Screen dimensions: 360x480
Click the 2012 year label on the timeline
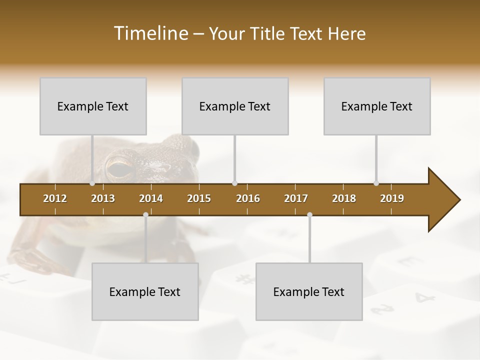pos(55,198)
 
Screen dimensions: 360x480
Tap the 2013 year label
pos(103,198)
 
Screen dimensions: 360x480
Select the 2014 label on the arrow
pos(151,198)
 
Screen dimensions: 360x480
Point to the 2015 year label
pos(199,198)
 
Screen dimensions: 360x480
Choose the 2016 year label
pos(248,198)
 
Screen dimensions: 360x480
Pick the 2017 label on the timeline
pos(296,198)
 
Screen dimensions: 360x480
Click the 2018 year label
pos(344,198)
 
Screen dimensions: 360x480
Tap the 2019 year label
pos(392,198)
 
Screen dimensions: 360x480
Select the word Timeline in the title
pos(150,33)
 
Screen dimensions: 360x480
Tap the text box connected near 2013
pos(93,106)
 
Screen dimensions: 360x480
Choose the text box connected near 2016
pos(235,106)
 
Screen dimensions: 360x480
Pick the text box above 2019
pos(377,106)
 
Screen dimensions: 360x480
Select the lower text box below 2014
pos(145,291)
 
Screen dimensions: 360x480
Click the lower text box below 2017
pos(309,291)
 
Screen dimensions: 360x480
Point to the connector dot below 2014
pos(145,215)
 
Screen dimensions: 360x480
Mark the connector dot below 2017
pos(309,215)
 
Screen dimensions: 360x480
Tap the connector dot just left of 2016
pos(234,183)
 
